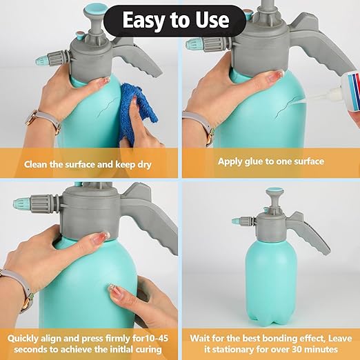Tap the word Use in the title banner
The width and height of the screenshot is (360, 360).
click(211, 20)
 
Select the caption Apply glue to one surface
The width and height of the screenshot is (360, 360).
click(271, 161)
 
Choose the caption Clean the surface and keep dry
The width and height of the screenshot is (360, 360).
click(88, 165)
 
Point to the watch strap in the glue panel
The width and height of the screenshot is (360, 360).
click(203, 128)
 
